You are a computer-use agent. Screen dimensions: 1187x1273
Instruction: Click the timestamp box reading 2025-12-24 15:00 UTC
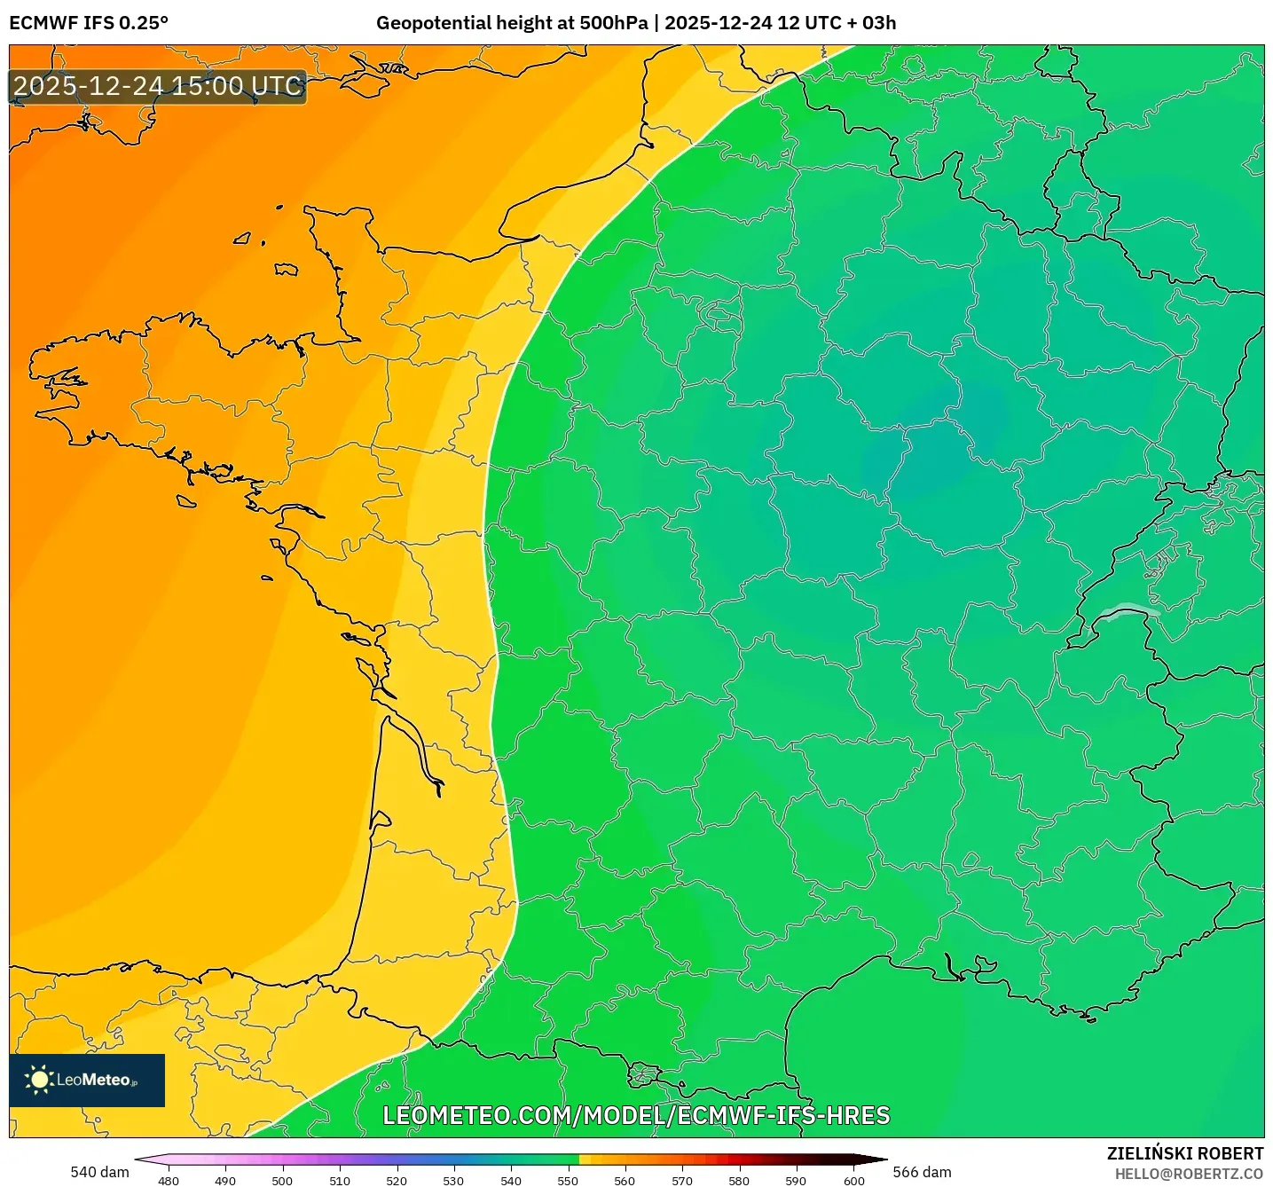[158, 86]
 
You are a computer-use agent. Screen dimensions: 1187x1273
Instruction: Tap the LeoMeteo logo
[87, 1080]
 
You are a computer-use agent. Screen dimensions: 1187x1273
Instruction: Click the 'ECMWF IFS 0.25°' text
[89, 23]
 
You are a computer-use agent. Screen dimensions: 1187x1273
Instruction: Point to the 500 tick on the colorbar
[282, 1180]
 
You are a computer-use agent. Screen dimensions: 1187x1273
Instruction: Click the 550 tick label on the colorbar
[568, 1180]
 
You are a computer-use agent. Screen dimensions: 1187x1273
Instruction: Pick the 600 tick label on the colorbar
[853, 1180]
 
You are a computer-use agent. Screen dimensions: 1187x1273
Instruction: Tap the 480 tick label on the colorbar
[169, 1180]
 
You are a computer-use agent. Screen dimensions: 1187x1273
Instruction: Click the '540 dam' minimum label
[99, 1172]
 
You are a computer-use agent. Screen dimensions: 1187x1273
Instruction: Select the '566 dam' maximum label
[922, 1172]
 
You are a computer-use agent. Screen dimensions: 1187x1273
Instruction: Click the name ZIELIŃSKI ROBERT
[1184, 1153]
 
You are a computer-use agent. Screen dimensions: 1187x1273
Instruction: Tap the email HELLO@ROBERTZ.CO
[1188, 1174]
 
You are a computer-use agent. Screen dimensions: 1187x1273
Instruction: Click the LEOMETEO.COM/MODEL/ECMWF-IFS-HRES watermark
[636, 1115]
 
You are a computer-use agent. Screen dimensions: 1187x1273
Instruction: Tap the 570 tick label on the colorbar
[682, 1180]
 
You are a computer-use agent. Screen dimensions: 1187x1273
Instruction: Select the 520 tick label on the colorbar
[397, 1180]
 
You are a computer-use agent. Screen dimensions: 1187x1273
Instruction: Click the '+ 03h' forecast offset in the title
[871, 23]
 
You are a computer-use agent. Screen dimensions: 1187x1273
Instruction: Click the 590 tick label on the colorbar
[796, 1180]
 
